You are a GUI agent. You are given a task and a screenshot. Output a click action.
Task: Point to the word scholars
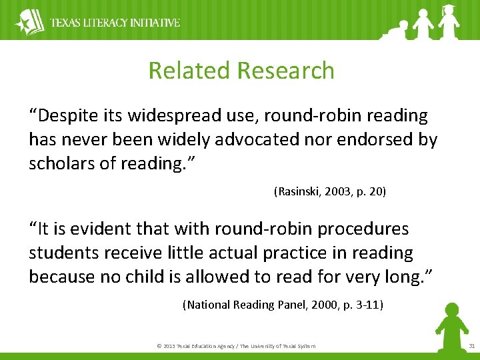click(61, 164)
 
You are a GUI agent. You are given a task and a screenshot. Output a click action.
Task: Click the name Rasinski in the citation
click(299, 192)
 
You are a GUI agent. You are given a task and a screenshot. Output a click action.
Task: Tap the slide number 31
click(471, 346)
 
